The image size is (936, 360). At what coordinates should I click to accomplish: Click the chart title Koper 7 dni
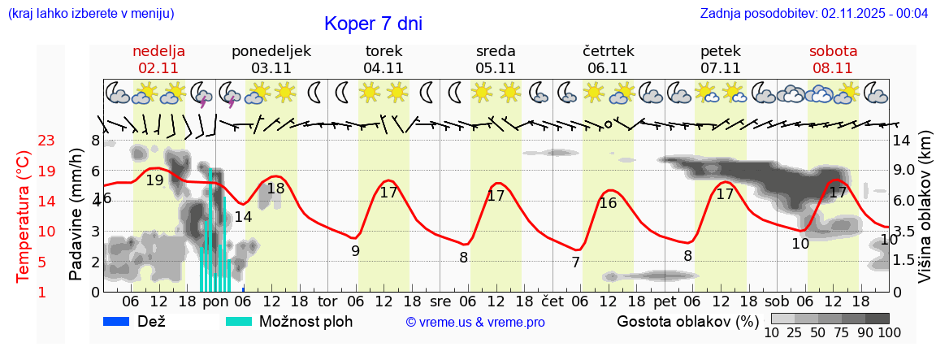[x=373, y=24]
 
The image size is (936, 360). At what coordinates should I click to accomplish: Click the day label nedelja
[x=159, y=51]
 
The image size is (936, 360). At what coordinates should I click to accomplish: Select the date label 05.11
[x=496, y=68]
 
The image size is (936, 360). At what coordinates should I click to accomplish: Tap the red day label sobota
[x=833, y=51]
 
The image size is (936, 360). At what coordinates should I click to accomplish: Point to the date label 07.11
[x=720, y=68]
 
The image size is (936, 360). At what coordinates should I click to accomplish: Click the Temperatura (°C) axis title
[x=24, y=217]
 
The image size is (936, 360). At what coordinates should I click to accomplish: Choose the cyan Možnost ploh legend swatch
[x=239, y=321]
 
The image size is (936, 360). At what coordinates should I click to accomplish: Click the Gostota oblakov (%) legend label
[x=687, y=321]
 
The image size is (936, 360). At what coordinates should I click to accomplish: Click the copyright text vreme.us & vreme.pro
[x=475, y=322]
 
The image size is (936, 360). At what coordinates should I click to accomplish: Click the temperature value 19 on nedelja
[x=154, y=180]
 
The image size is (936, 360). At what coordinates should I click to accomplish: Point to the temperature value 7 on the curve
[x=575, y=262]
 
